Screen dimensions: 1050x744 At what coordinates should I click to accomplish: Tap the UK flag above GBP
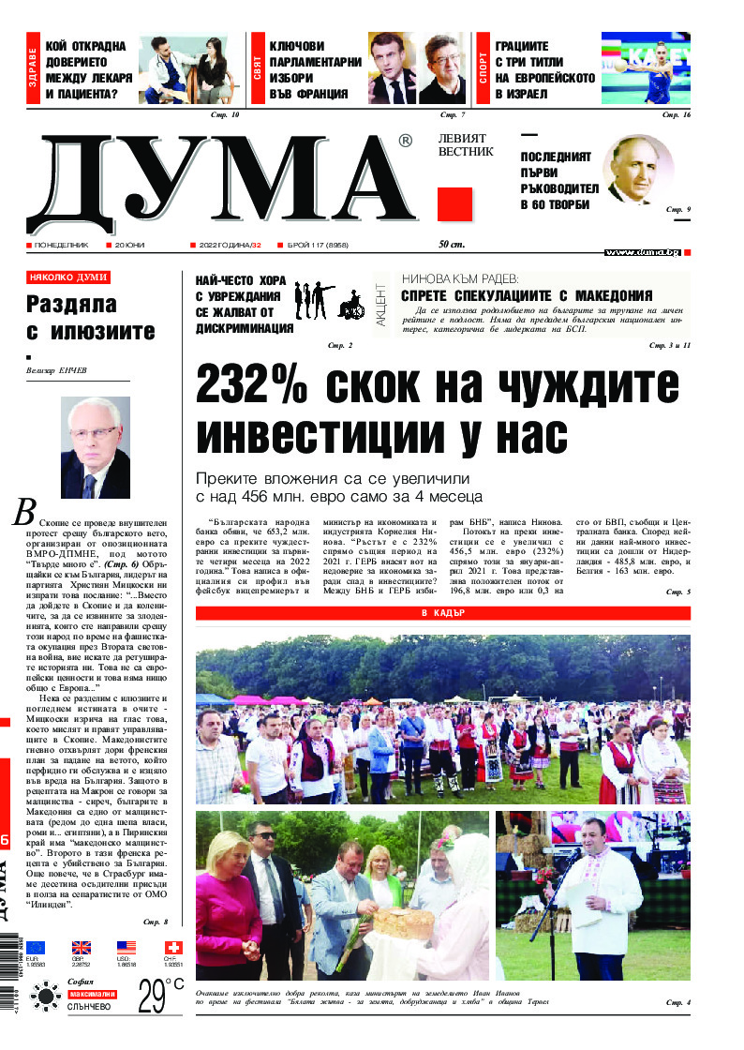(82, 948)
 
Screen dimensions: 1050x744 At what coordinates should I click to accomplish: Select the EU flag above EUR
(36, 948)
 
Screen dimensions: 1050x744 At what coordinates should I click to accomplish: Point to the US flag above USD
(127, 948)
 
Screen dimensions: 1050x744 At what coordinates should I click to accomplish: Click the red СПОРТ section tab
(484, 67)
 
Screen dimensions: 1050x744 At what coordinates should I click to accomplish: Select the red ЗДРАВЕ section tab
(33, 67)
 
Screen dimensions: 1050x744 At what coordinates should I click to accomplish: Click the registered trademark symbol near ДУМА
(405, 142)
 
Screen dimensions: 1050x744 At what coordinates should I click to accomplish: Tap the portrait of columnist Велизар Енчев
(96, 447)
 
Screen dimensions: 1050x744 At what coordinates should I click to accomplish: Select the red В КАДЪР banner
(443, 613)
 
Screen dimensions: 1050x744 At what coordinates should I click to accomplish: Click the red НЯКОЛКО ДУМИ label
(68, 277)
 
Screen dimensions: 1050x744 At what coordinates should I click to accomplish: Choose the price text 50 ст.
(452, 246)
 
